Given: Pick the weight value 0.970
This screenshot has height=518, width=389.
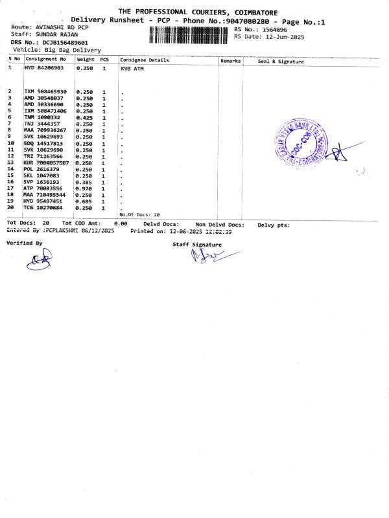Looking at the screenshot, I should [85, 188].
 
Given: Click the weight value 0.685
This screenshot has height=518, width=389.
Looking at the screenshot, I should [85, 201].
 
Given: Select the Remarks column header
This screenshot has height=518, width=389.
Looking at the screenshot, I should [230, 60].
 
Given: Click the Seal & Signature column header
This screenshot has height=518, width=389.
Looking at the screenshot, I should [281, 61].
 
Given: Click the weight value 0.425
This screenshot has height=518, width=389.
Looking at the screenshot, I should [85, 117].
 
